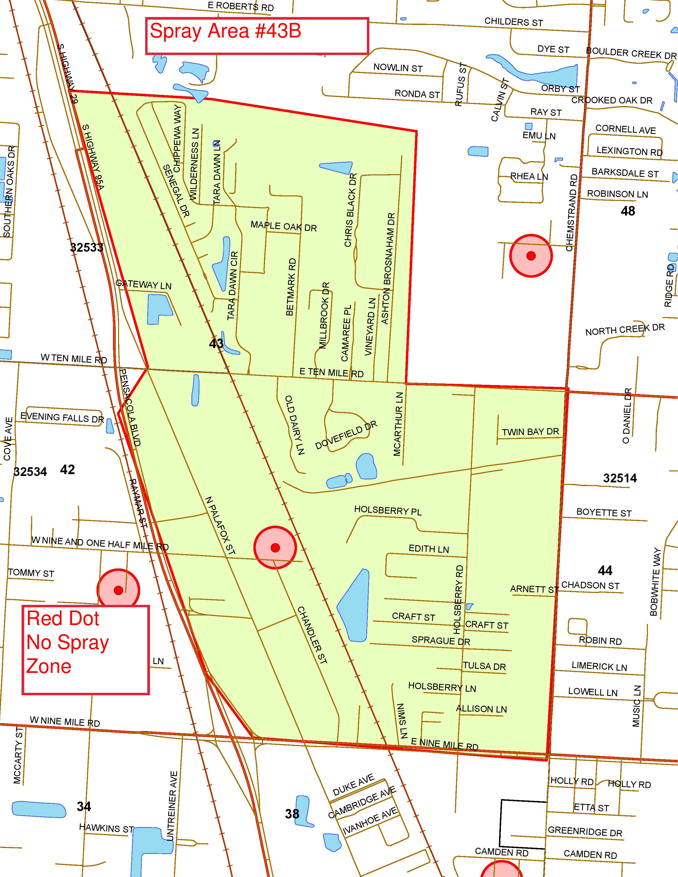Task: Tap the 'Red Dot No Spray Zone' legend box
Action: click(86, 649)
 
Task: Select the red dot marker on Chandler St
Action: click(275, 548)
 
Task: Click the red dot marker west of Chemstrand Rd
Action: click(531, 256)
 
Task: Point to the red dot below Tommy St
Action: click(119, 590)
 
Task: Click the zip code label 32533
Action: click(87, 247)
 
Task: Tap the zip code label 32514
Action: click(620, 478)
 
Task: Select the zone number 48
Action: click(628, 211)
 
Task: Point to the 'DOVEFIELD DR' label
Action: click(346, 435)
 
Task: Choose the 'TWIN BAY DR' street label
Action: click(530, 432)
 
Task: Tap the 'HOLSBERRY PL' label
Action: click(388, 511)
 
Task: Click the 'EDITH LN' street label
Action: click(429, 549)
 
